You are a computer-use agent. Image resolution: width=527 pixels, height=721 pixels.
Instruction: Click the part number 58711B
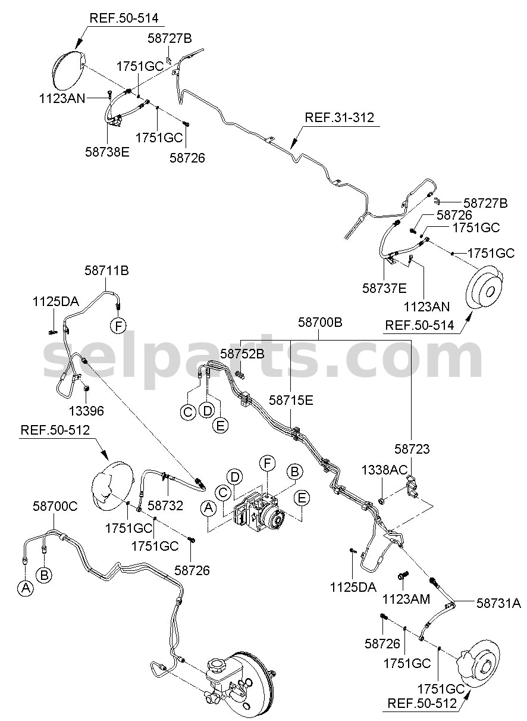click(106, 271)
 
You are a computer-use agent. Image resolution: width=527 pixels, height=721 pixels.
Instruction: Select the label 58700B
click(320, 322)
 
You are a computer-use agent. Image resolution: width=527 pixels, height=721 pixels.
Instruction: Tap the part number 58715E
click(291, 401)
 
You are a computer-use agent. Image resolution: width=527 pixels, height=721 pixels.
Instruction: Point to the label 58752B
click(242, 354)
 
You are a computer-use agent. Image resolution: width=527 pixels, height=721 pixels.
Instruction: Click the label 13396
click(86, 411)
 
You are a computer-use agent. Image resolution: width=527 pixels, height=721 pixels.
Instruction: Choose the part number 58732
click(165, 505)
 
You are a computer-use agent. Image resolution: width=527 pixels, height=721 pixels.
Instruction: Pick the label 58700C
click(55, 506)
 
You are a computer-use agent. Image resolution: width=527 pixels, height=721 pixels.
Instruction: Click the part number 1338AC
click(385, 470)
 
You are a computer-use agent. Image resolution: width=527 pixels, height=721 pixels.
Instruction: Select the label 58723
click(412, 449)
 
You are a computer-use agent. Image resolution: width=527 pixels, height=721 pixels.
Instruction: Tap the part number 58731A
click(498, 603)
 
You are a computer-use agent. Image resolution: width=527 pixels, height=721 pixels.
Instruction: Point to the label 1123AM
click(406, 600)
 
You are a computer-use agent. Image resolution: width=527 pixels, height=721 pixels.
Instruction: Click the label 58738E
click(107, 152)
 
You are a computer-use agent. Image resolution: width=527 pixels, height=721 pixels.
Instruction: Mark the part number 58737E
click(384, 288)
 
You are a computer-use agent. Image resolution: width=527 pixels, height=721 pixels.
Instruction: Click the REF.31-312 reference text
click(339, 117)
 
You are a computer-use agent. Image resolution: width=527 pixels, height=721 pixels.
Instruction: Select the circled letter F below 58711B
click(118, 326)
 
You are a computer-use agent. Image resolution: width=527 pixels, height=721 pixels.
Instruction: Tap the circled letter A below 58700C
click(26, 588)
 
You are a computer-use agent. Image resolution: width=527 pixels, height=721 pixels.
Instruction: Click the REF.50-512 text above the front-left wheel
click(55, 430)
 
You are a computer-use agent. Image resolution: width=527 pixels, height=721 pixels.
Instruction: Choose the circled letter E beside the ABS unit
click(302, 498)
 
